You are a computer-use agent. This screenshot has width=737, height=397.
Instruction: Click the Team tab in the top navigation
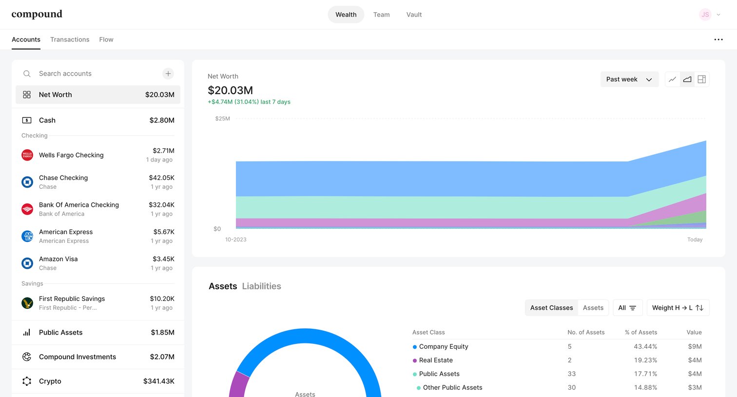[x=381, y=15]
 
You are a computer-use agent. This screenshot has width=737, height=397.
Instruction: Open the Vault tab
[x=414, y=15]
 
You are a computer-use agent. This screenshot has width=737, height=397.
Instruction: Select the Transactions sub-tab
[x=70, y=40]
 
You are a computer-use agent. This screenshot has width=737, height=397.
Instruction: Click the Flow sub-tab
[x=106, y=40]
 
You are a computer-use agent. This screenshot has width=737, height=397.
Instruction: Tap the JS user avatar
[x=705, y=15]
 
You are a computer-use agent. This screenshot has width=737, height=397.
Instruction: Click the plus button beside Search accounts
[x=168, y=74]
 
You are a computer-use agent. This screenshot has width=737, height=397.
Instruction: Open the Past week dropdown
[x=629, y=79]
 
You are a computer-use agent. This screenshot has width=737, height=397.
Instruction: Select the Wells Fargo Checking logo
[x=27, y=155]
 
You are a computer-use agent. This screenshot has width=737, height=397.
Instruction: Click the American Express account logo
[x=27, y=236]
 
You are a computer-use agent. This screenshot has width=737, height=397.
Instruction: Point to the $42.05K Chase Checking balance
[x=161, y=178]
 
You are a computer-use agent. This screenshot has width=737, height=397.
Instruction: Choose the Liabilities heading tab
[x=262, y=286]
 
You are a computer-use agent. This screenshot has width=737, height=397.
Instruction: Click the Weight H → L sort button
[x=678, y=308]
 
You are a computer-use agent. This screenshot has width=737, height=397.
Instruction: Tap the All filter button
[x=627, y=308]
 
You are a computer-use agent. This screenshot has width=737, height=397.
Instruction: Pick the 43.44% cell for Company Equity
[x=645, y=346]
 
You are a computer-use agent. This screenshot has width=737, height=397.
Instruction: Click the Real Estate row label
[x=436, y=360]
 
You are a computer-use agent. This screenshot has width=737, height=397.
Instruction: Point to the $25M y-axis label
[x=222, y=119]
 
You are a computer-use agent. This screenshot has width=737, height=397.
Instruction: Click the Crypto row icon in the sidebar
[x=27, y=381]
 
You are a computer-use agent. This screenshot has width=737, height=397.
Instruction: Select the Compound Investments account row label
[x=78, y=357]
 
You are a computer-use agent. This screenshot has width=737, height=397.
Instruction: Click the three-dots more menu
[x=718, y=40]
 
